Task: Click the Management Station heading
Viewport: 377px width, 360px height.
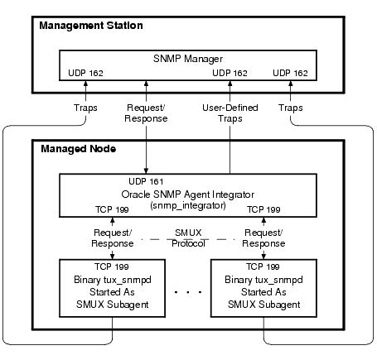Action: tap(91, 26)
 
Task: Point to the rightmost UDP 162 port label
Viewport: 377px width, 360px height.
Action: tap(289, 74)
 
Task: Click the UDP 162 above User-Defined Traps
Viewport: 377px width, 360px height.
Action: tap(230, 74)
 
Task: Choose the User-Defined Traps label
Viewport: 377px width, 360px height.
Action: tap(230, 113)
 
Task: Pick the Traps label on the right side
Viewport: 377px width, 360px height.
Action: tap(290, 108)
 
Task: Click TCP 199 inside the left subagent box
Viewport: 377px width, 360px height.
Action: tap(111, 269)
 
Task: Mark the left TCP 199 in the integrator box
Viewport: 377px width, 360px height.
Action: tap(112, 209)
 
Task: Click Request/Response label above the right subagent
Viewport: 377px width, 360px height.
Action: tap(263, 238)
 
